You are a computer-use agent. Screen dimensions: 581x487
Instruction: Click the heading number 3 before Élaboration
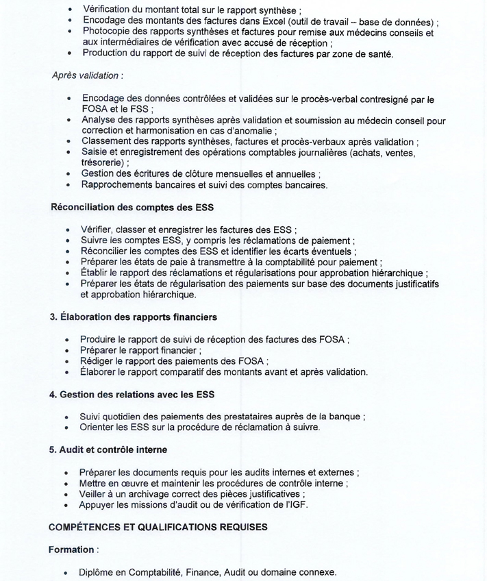52,317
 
